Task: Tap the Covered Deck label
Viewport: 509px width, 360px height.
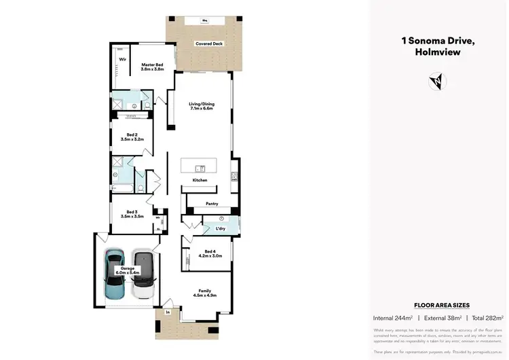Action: pyautogui.click(x=209, y=43)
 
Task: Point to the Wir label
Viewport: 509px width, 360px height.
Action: pyautogui.click(x=123, y=60)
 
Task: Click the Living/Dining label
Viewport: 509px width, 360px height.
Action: pyautogui.click(x=201, y=103)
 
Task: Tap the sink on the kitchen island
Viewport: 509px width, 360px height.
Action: pyautogui.click(x=200, y=168)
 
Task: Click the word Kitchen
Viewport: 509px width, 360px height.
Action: pyautogui.click(x=200, y=180)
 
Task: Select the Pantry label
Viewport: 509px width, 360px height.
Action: pyautogui.click(x=212, y=203)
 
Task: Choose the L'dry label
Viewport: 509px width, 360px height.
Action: pyautogui.click(x=221, y=228)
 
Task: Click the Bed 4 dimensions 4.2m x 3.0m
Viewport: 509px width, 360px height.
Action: pyautogui.click(x=210, y=256)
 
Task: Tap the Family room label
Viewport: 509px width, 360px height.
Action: pyautogui.click(x=205, y=291)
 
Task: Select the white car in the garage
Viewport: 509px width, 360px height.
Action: pyautogui.click(x=143, y=275)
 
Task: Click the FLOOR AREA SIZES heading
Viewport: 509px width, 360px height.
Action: pyautogui.click(x=442, y=306)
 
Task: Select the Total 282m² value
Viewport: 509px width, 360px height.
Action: pyautogui.click(x=487, y=317)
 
